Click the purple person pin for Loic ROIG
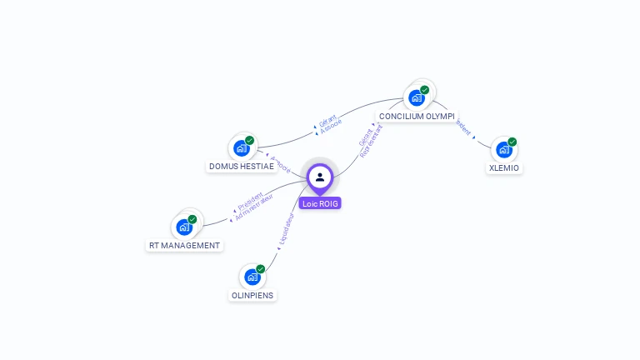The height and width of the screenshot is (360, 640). click(320, 177)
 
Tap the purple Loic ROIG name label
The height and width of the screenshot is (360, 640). click(320, 203)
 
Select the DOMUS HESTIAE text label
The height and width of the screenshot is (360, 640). click(242, 167)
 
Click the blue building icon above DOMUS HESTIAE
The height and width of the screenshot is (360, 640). click(241, 148)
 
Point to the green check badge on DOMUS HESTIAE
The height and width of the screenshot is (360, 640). click(249, 140)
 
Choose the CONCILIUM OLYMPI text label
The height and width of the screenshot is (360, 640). click(417, 117)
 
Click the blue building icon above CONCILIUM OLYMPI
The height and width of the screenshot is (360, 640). click(416, 97)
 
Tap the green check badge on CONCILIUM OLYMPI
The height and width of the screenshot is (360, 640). click(424, 89)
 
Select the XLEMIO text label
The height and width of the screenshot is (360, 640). click(503, 168)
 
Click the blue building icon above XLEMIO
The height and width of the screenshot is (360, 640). click(503, 150)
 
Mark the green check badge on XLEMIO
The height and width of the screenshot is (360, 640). click(512, 142)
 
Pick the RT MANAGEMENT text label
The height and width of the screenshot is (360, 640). click(184, 246)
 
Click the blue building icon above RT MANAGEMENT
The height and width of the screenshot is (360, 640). click(184, 227)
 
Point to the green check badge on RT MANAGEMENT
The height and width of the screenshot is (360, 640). click(192, 218)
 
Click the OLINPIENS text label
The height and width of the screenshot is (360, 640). click(252, 295)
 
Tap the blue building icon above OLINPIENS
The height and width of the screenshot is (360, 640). click(252, 277)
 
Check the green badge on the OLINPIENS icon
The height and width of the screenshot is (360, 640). click(260, 268)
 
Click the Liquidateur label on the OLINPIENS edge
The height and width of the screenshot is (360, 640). click(284, 231)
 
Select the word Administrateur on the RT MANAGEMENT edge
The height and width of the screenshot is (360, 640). click(254, 207)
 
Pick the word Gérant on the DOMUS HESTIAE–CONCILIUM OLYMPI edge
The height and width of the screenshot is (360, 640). click(327, 120)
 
